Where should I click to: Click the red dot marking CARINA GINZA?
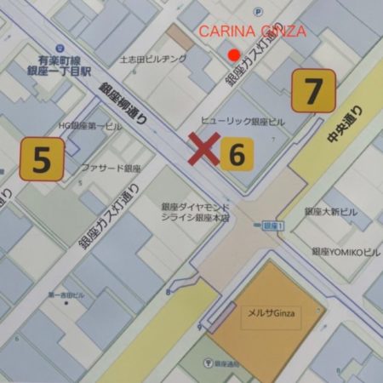click(234, 54)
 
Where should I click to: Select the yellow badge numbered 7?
click(313, 91)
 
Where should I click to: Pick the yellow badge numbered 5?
click(41, 159)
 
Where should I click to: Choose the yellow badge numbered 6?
click(237, 154)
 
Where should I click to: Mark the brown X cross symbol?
click(203, 151)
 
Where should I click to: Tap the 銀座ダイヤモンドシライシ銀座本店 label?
click(196, 211)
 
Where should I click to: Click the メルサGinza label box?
click(272, 313)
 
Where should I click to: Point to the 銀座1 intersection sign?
click(272, 225)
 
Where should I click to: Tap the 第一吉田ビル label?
click(66, 294)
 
